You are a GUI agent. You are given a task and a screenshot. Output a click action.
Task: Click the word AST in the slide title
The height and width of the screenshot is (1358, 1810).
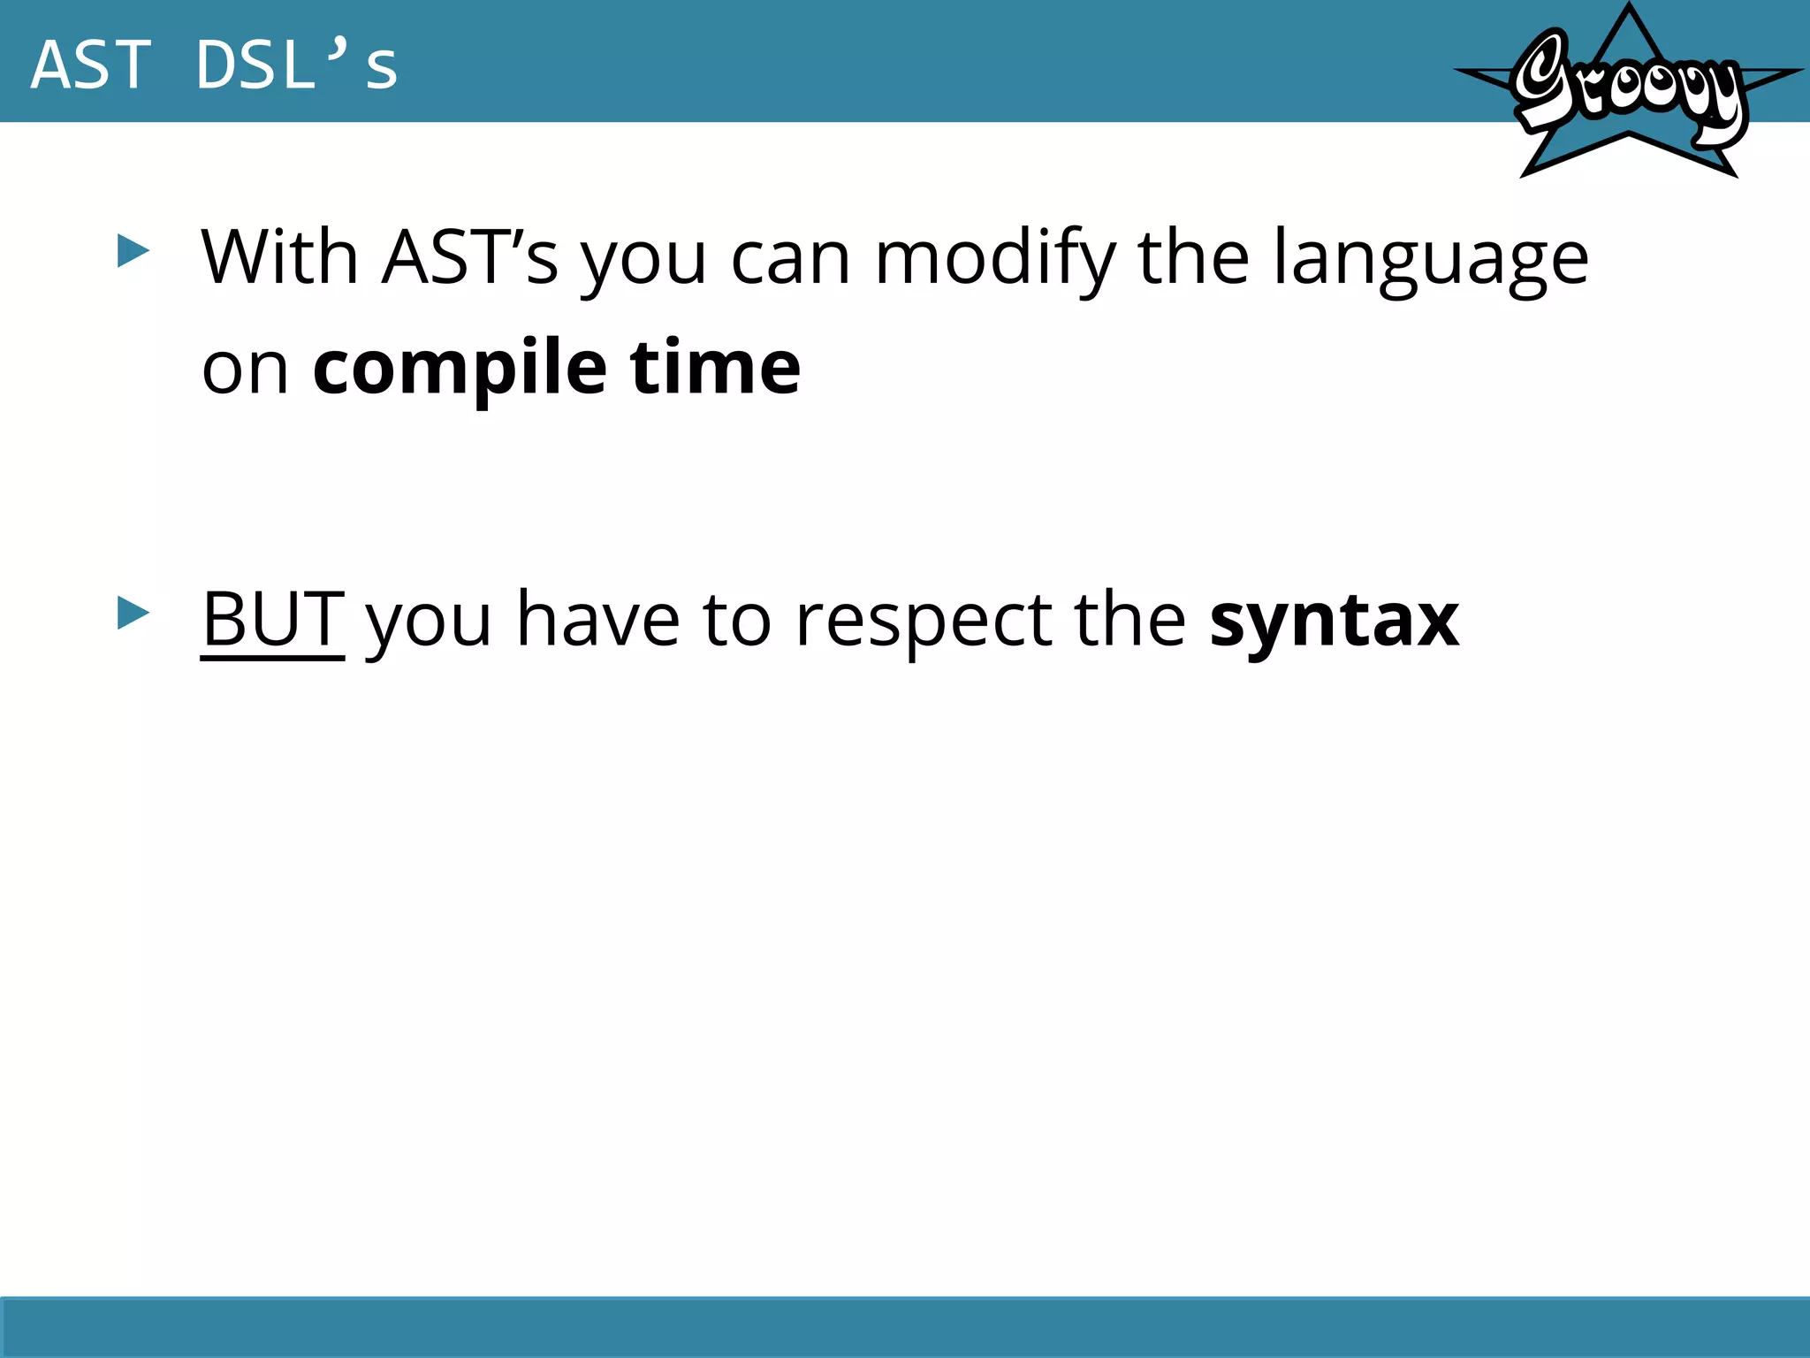90,65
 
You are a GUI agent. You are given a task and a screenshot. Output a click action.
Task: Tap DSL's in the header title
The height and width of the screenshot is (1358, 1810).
297,65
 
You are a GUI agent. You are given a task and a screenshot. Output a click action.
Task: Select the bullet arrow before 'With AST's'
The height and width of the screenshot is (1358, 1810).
133,252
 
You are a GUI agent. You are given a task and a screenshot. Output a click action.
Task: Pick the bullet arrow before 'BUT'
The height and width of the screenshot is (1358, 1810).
133,614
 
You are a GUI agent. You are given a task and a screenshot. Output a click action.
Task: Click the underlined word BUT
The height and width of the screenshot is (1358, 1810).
272,620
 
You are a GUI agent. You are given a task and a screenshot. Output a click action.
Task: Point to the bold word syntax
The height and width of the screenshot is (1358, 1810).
1334,622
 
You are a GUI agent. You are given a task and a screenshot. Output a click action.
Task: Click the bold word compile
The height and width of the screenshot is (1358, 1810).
460,368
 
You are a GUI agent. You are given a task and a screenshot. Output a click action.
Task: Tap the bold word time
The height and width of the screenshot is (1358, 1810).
715,368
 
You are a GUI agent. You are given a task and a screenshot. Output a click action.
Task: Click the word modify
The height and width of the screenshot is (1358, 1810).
995,259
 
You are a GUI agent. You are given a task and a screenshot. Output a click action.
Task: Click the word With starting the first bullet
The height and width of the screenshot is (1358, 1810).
279,257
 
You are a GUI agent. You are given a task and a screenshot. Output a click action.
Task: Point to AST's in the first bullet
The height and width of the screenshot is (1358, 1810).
469,257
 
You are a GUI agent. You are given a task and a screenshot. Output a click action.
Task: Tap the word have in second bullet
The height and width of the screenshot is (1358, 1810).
598,620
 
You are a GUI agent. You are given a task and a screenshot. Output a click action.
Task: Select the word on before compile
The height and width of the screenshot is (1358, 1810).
245,368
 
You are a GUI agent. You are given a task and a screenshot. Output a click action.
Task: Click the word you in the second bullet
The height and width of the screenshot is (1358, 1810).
429,622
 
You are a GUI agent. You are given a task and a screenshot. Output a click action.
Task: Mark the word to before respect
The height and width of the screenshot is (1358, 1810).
737,620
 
